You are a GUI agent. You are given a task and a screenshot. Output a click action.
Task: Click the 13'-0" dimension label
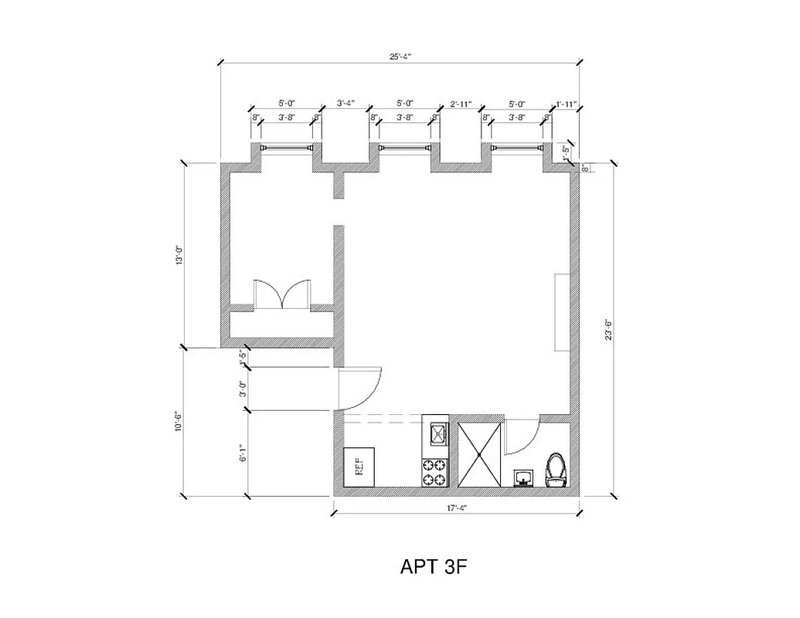point(179,255)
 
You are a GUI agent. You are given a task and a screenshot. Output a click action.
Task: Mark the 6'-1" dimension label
point(243,453)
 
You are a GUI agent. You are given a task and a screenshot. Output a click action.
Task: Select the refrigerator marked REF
point(359,466)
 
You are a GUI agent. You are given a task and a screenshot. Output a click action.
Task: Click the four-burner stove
point(434,472)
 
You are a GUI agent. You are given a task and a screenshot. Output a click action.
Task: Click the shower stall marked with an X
point(479,454)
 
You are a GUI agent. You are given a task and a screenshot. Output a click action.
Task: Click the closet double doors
point(283,295)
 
